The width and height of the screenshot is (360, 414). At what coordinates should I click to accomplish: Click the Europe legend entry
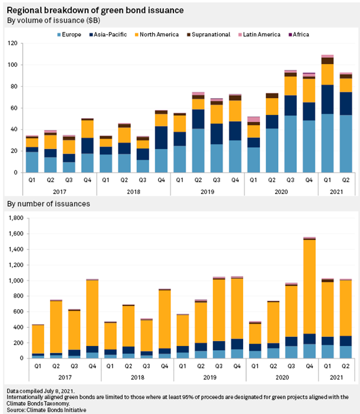(x=69, y=34)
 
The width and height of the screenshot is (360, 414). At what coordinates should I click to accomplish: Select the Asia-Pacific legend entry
(x=108, y=34)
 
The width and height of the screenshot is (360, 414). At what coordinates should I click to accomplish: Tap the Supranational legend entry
(x=209, y=34)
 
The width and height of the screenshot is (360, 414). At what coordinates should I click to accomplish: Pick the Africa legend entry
(x=299, y=34)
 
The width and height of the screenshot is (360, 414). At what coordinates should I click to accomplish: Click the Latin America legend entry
(x=259, y=34)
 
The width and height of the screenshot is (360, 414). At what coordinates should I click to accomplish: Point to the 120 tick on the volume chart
(x=13, y=43)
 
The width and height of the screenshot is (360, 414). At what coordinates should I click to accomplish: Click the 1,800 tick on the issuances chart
(x=16, y=218)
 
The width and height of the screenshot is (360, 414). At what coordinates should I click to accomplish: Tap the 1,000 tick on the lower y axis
(x=16, y=280)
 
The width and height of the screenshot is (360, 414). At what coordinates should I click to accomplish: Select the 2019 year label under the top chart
(x=207, y=192)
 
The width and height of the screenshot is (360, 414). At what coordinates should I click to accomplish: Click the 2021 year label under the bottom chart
(x=337, y=377)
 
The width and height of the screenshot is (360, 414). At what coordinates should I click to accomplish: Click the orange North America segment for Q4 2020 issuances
(x=309, y=287)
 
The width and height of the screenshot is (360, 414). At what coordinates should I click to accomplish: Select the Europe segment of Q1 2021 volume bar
(x=327, y=143)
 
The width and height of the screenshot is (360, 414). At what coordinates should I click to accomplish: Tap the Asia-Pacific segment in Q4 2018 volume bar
(x=161, y=137)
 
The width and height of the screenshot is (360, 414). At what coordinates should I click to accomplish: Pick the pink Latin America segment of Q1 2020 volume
(x=253, y=119)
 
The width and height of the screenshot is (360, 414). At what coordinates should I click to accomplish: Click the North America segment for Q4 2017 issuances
(x=92, y=313)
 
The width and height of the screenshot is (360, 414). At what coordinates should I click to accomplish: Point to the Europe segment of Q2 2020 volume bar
(x=272, y=151)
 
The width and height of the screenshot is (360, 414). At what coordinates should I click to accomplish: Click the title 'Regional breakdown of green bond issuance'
(x=95, y=10)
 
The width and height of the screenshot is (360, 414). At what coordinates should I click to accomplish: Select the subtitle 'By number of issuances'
(x=49, y=204)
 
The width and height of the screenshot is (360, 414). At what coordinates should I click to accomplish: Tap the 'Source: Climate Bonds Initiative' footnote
(x=46, y=410)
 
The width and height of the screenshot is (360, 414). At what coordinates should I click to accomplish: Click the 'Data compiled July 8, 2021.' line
(x=40, y=391)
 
